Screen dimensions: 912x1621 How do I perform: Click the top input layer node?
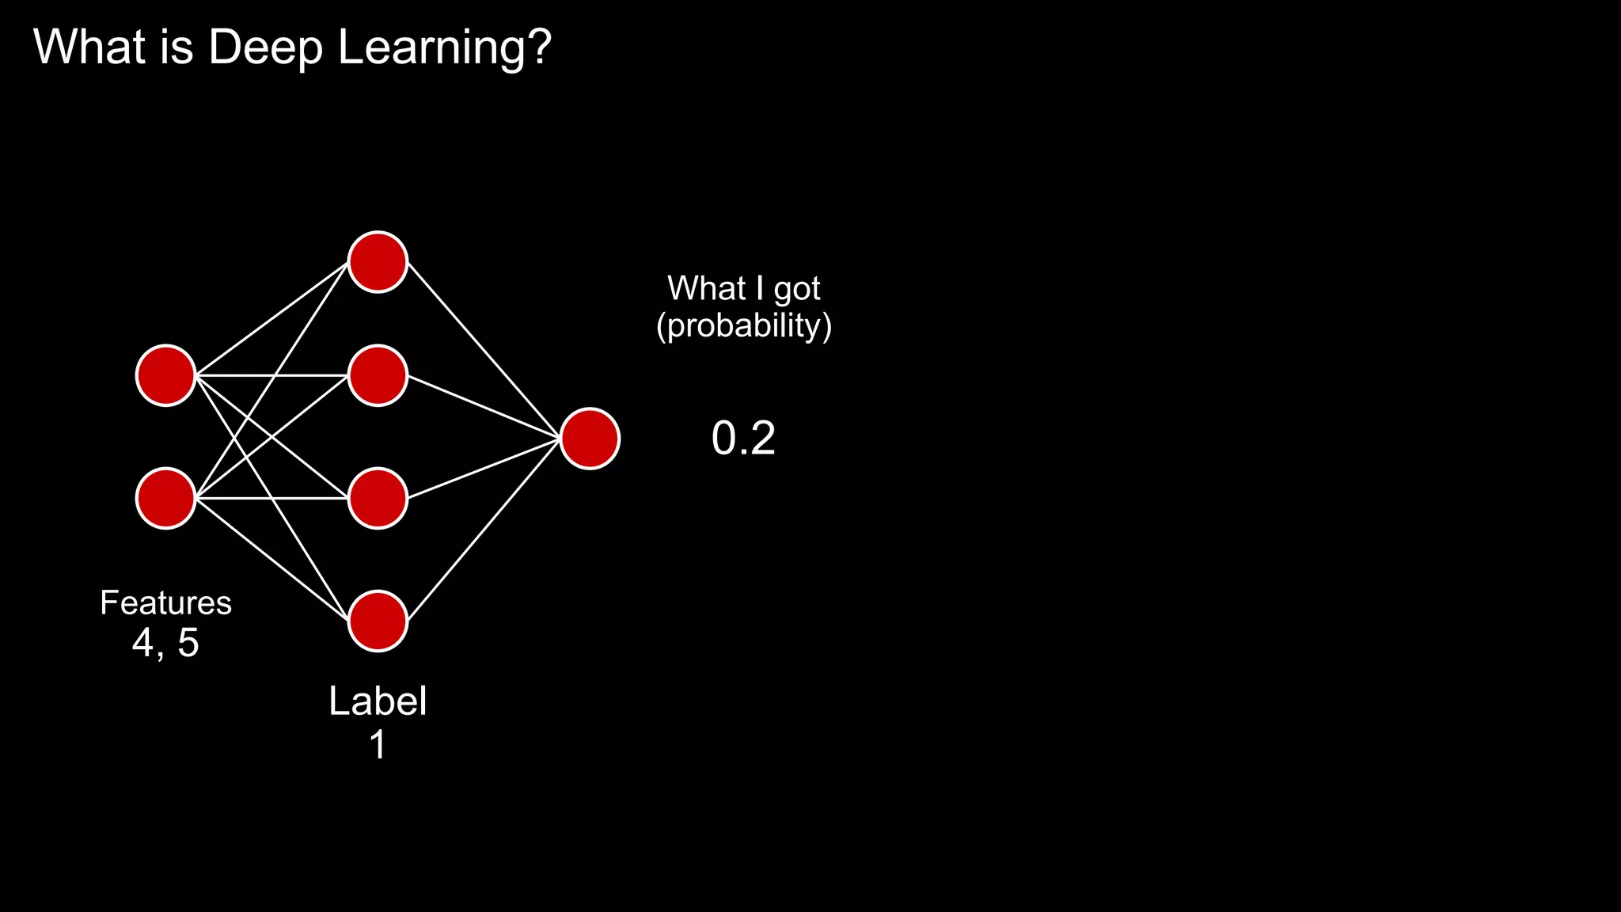pos(165,375)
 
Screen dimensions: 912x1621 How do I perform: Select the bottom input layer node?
pos(165,498)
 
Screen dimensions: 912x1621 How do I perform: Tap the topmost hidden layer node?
pos(378,262)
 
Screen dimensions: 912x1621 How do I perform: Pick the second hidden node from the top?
pos(378,375)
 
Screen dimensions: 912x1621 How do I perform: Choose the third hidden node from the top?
pos(378,498)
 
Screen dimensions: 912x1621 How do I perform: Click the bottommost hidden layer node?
pos(378,621)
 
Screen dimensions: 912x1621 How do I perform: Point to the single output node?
pos(590,438)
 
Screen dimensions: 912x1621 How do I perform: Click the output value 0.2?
pos(743,438)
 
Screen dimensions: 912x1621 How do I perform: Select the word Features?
pos(165,603)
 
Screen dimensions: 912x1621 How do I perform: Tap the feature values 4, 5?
pos(165,642)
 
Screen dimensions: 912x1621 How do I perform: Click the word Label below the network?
pos(378,701)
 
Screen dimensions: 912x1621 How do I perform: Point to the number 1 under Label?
pos(378,745)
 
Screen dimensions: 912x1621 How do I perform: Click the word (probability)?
pos(744,325)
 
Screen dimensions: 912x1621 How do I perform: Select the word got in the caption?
pos(796,290)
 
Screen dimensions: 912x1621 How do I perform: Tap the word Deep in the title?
pos(265,47)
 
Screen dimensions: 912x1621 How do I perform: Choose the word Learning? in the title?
pos(444,47)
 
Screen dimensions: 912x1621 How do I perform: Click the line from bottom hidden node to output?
pos(484,530)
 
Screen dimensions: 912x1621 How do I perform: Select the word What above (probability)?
pos(706,288)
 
